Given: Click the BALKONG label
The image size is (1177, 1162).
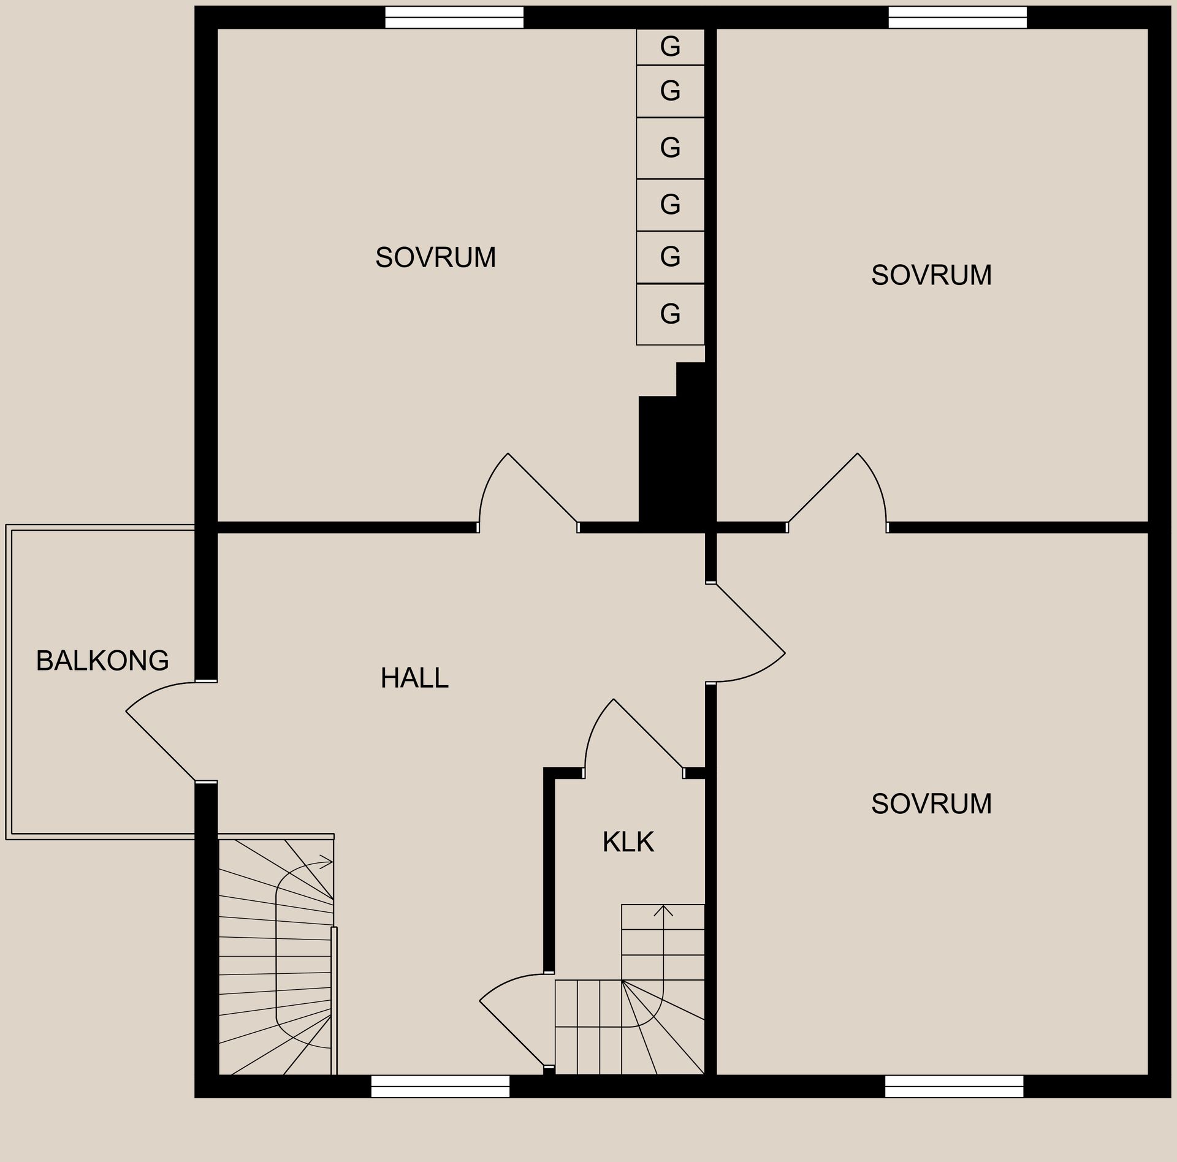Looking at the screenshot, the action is [102, 661].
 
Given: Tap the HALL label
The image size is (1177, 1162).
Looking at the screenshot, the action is [414, 678].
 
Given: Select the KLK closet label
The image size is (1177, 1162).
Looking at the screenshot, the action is [628, 842].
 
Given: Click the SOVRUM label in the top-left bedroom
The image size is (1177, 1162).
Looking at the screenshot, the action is [436, 257].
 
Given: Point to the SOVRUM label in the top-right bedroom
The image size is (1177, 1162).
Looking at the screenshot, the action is [931, 275].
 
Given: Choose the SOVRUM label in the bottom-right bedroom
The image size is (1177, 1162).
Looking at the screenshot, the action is [931, 803].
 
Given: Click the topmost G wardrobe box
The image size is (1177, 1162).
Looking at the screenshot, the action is [670, 47].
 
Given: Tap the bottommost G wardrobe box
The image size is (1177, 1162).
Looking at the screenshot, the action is [670, 314].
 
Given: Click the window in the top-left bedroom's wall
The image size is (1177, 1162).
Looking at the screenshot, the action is [454, 18].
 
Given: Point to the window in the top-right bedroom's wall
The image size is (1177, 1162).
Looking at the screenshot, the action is [958, 18].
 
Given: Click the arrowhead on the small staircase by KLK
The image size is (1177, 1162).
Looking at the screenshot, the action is [663, 910].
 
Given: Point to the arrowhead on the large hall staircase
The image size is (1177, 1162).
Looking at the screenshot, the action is [327, 862].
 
